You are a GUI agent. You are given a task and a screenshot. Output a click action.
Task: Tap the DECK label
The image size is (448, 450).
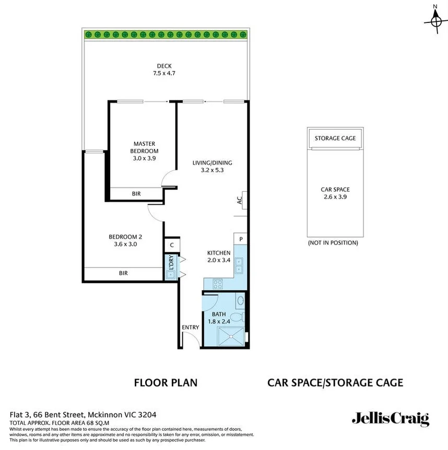pos(164,66)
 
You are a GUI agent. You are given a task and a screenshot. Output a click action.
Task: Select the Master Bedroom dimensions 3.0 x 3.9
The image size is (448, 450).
pos(144,158)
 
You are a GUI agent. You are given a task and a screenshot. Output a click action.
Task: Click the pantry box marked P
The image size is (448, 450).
pos(241,239)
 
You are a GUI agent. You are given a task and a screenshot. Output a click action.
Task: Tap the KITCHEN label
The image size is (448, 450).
pos(219,252)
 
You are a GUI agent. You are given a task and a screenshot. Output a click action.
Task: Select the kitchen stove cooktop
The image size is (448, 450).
pos(217,284)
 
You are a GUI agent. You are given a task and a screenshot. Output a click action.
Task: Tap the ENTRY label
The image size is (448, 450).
pos(191,327)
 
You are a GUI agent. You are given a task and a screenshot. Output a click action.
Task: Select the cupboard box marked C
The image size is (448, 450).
pos(171,245)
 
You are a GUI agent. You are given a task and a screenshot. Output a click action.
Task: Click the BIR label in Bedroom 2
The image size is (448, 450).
pos(123,273)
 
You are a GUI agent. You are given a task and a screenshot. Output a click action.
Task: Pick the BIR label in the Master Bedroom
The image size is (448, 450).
pos(136,194)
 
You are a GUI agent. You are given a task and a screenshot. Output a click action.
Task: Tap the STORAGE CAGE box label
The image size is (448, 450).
pos(335,138)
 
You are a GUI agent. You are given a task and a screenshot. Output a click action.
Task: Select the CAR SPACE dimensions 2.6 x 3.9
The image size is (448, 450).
pos(335,197)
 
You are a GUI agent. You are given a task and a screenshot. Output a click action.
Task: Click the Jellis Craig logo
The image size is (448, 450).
pos(390,419)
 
